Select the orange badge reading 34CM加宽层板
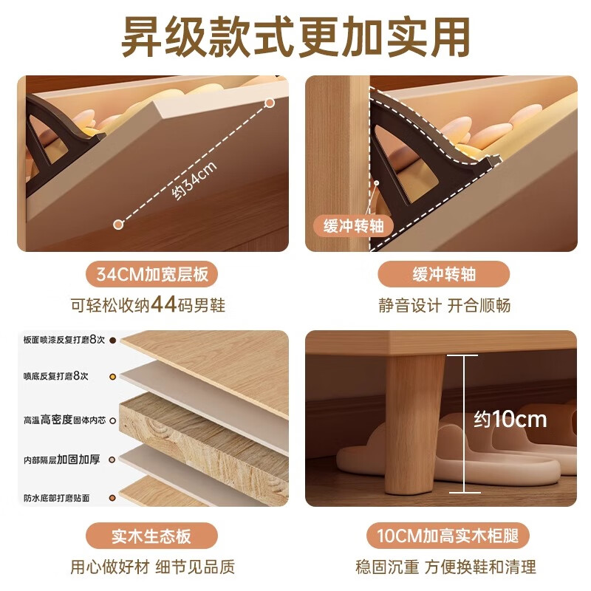click(152, 276)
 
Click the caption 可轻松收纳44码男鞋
click(152, 304)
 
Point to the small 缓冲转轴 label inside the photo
click(353, 225)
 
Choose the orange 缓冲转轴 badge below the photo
click(443, 276)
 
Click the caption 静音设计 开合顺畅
click(443, 304)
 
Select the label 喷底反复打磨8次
click(55, 376)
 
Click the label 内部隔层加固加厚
click(61, 460)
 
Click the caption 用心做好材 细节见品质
click(152, 567)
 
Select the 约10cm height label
click(510, 420)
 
